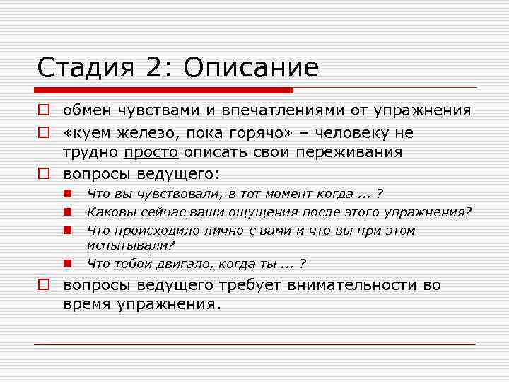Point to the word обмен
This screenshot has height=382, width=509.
[x=84, y=110]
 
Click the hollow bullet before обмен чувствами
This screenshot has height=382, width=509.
[x=43, y=111]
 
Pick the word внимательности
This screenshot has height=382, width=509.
[x=367, y=285]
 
